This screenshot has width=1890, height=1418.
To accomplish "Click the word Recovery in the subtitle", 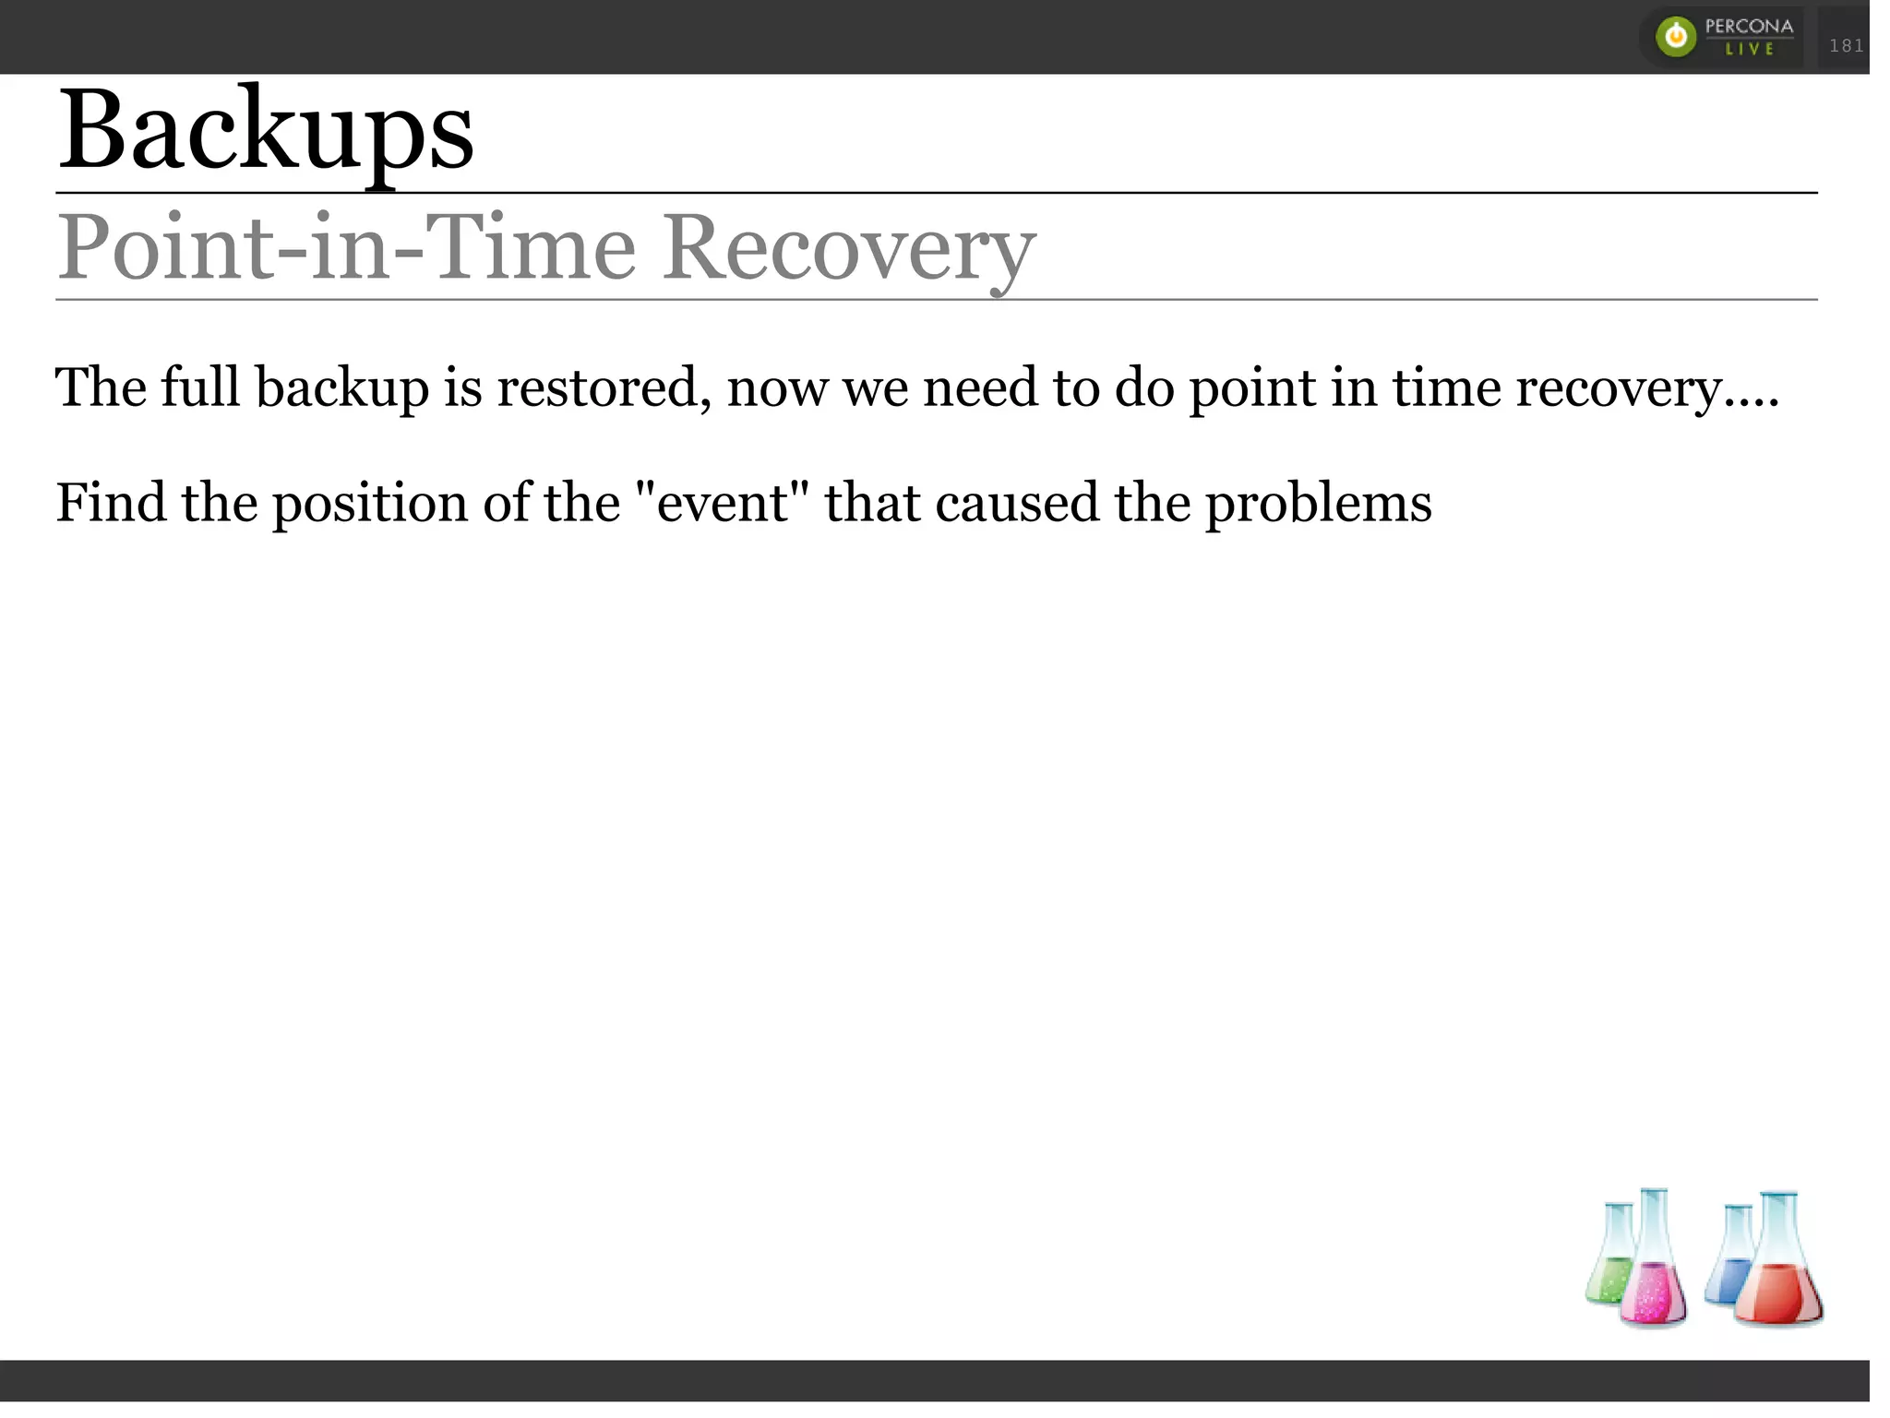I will pyautogui.click(x=849, y=247).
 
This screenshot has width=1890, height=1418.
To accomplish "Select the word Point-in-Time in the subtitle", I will pyautogui.click(x=347, y=247).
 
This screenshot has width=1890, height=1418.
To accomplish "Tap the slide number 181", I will pyautogui.click(x=1846, y=45).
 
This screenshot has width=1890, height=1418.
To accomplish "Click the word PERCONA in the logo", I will pyautogui.click(x=1749, y=26).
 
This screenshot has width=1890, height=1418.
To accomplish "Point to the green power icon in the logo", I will pyautogui.click(x=1676, y=37).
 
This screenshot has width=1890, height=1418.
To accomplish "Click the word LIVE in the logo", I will pyautogui.click(x=1750, y=49).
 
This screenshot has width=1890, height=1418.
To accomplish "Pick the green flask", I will pyautogui.click(x=1613, y=1259).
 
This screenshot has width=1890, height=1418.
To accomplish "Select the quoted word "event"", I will pyautogui.click(x=723, y=504).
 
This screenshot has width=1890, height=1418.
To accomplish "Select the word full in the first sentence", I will pyautogui.click(x=200, y=387).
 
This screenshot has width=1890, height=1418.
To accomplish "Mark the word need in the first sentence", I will pyautogui.click(x=980, y=387).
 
